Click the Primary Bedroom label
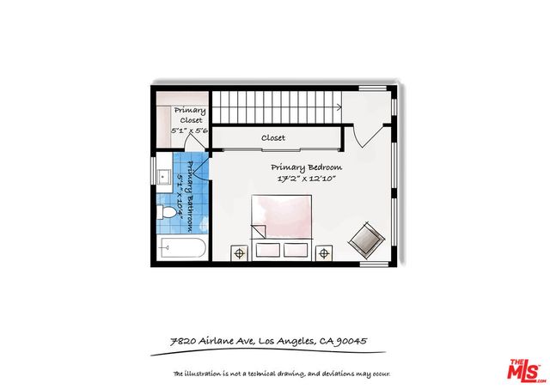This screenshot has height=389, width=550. click(x=306, y=167)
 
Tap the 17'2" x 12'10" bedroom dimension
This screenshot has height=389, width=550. click(x=307, y=179)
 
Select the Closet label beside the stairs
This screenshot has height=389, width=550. click(x=273, y=137)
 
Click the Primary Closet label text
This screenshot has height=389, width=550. click(x=190, y=115)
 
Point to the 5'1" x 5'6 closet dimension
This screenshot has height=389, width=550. click(x=189, y=131)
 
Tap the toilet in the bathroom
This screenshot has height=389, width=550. click(x=166, y=212)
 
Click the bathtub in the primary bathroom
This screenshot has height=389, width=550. click(x=181, y=248)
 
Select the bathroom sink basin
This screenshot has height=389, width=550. click(x=164, y=177)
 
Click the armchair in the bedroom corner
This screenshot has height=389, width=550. click(x=367, y=240)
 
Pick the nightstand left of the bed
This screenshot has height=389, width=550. click(x=239, y=253)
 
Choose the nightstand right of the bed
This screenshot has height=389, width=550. click(x=324, y=253)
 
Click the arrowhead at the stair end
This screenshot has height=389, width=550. click(x=339, y=107)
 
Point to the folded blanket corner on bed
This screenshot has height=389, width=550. click(x=259, y=231)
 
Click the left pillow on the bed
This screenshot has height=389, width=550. click(x=268, y=250)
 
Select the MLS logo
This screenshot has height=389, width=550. click(x=527, y=371)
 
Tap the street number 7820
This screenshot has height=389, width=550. click(x=183, y=341)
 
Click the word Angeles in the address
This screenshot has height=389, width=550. click(x=296, y=341)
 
